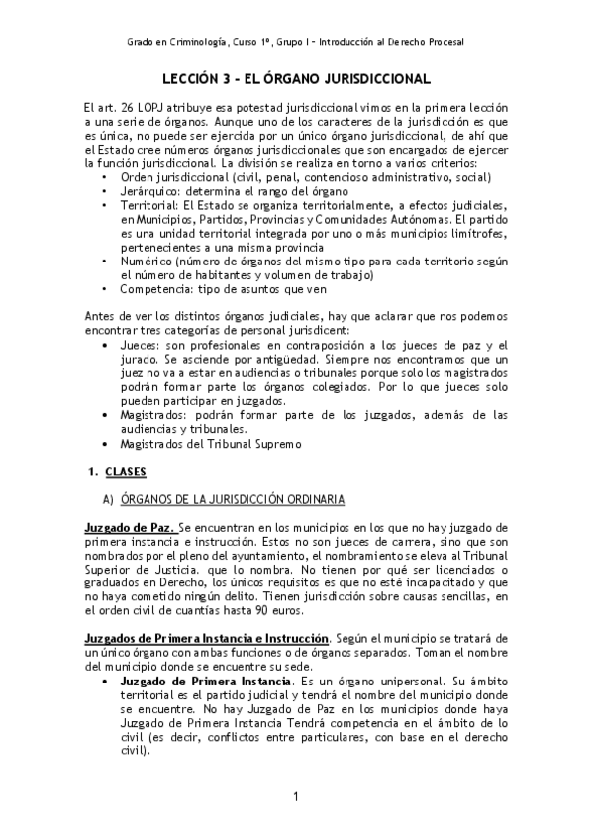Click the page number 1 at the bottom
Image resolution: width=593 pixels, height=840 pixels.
pyautogui.click(x=296, y=797)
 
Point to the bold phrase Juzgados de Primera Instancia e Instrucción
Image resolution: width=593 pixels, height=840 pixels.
pyautogui.click(x=209, y=629)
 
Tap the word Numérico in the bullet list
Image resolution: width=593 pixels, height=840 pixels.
pyautogui.click(x=148, y=261)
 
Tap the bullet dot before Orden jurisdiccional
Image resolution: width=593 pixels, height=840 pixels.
pyautogui.click(x=105, y=176)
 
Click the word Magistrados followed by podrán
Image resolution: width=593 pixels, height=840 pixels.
pyautogui.click(x=154, y=414)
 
